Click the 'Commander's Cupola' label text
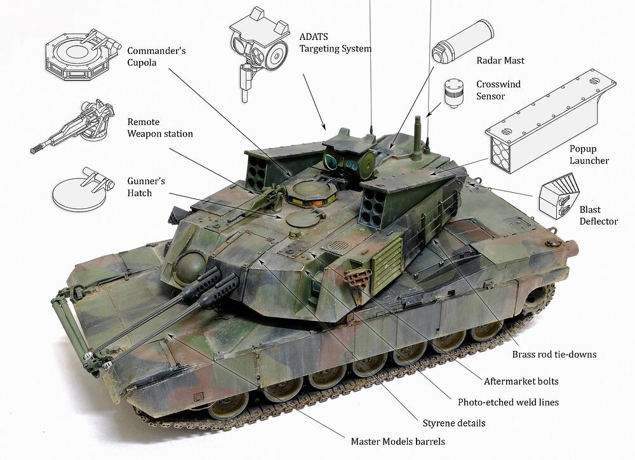pos(156,56)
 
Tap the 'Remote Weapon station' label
pos(160,128)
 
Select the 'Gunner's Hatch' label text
pos(146,187)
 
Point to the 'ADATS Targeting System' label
pos(335,43)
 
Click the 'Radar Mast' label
pos(500,60)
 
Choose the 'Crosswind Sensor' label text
pos(498,90)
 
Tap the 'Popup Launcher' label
pos(589,155)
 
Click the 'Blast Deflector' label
pos(599,215)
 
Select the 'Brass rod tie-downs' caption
pos(554,355)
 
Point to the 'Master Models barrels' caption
pos(398,442)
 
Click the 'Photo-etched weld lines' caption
pos(508,402)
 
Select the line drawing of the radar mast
pos(463,41)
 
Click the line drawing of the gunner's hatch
pos(83,189)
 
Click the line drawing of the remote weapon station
pos(73,127)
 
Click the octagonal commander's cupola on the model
pos(311,192)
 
